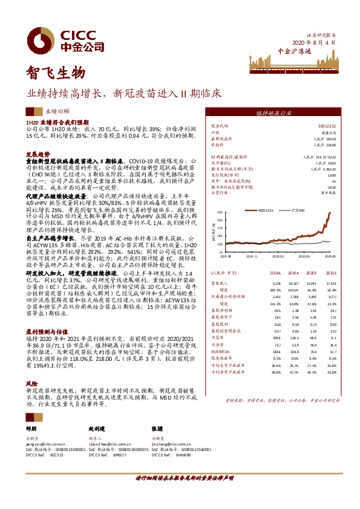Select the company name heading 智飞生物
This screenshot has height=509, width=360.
pyautogui.click(x=54, y=74)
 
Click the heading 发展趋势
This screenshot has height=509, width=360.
pyautogui.click(x=37, y=154)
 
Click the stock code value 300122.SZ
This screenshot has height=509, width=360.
pyautogui.click(x=326, y=126)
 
